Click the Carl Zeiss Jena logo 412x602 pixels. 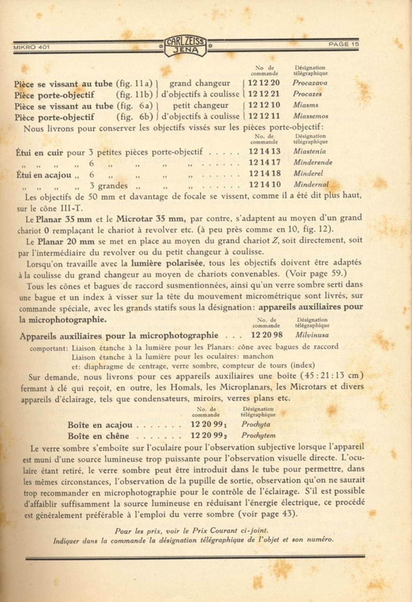185,46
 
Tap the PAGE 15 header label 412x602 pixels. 343,44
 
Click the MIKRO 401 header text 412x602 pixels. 31,47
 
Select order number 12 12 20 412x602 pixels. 263,83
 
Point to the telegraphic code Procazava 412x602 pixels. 310,83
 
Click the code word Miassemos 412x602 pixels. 311,116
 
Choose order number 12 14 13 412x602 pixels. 264,151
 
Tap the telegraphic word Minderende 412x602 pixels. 313,162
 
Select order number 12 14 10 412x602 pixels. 264,184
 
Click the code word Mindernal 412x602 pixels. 311,184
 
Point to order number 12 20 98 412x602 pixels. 267,335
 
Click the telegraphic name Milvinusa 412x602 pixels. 312,335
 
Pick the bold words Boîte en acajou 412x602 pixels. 100,425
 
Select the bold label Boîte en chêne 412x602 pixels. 98,436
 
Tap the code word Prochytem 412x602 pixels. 258,435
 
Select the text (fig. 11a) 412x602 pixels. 134,83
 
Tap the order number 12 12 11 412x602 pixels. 264,116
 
